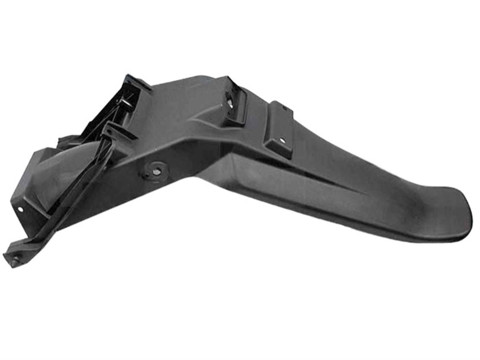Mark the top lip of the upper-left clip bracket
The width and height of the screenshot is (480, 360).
click(137, 81)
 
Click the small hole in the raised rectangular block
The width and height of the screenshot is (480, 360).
click(282, 141)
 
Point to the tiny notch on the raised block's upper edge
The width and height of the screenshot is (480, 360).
click(284, 108)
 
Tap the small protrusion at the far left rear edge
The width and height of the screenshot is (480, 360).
click(63, 141)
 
